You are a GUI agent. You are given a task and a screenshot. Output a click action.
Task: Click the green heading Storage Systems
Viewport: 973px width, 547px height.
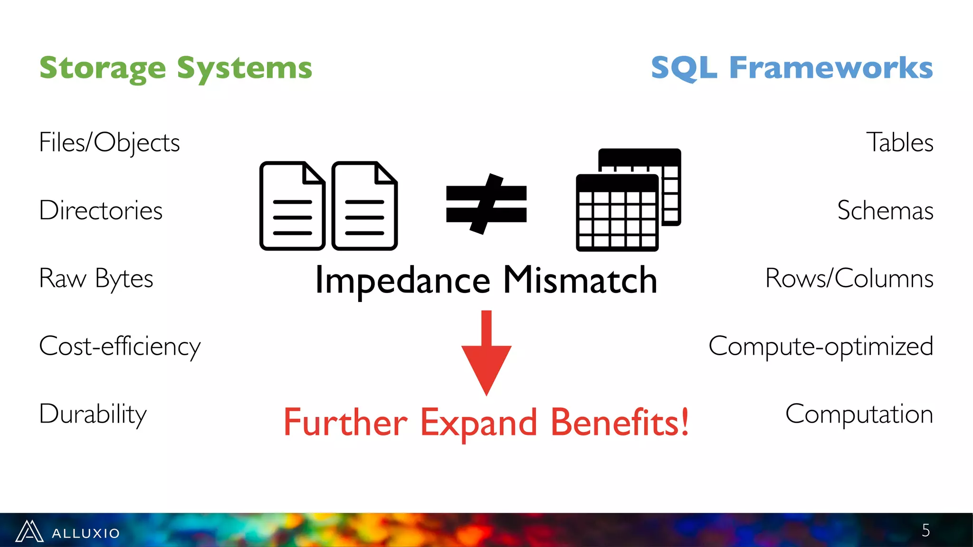pos(176,68)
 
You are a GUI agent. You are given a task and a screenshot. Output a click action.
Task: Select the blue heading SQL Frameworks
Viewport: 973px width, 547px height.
pos(792,67)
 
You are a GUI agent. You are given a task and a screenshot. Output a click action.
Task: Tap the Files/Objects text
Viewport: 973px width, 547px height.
pos(109,142)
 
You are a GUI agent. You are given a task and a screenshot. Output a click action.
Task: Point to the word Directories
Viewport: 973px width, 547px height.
pos(101,210)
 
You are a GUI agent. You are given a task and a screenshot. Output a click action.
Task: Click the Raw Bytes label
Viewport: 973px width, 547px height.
pos(96,278)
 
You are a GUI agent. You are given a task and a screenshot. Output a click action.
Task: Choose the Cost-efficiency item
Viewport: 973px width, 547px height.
pos(120,346)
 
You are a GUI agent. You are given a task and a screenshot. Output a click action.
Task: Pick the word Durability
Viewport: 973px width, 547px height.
pos(93,414)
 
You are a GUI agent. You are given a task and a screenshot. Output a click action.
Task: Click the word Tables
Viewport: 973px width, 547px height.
pos(899,142)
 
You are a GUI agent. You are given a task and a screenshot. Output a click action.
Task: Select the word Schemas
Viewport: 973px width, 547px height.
pos(885,210)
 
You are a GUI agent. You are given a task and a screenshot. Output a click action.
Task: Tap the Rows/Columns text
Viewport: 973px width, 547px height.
pos(849,278)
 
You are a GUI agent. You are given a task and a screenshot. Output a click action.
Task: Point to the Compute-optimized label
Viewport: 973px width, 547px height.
pos(820,346)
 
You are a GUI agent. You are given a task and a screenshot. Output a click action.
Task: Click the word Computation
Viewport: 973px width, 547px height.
pos(859,414)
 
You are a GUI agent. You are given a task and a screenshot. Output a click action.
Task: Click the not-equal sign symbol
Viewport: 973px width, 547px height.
pos(486,204)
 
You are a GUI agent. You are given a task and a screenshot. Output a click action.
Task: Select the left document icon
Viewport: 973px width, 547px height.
pos(292,206)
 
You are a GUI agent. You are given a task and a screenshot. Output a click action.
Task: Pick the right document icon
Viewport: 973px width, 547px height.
pos(364,206)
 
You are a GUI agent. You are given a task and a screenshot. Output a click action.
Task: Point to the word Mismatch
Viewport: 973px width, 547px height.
pos(580,280)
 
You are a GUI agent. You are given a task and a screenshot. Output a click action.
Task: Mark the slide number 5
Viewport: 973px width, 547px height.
pos(925,530)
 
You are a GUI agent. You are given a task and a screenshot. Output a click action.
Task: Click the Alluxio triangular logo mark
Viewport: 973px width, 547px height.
pos(29,531)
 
